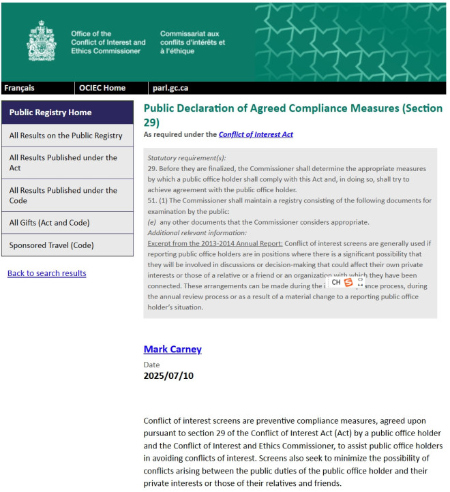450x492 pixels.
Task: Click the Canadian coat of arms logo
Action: click(x=42, y=40)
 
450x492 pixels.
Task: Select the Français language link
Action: click(x=19, y=88)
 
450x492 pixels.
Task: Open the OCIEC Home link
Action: click(x=102, y=88)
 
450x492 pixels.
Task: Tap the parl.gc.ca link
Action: click(x=170, y=88)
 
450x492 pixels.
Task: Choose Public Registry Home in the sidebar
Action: click(x=50, y=112)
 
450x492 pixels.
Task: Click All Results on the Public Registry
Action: click(x=65, y=136)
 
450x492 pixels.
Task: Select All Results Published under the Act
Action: click(x=63, y=162)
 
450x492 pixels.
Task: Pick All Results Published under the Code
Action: click(x=63, y=196)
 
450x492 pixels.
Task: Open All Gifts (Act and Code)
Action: click(x=49, y=223)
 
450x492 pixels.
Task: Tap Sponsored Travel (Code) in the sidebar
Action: click(x=52, y=245)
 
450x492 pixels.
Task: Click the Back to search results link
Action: click(x=46, y=273)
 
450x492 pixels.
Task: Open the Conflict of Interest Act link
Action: click(x=256, y=135)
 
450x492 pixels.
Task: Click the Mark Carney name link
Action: click(x=172, y=350)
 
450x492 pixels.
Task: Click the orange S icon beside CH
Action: click(x=348, y=282)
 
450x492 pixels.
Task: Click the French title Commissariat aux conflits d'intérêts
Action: click(x=192, y=42)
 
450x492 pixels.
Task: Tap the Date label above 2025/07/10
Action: click(x=151, y=365)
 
